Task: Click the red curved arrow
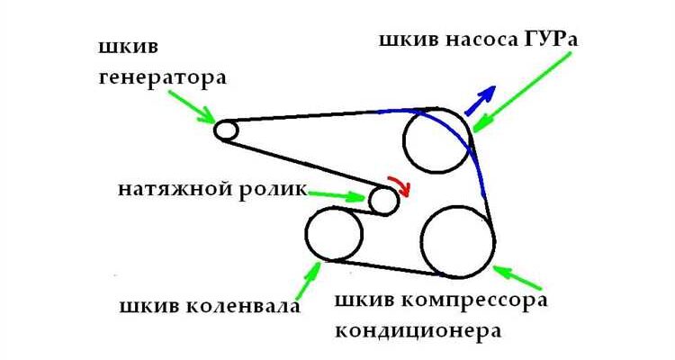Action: [399, 184]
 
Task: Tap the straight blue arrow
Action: [480, 100]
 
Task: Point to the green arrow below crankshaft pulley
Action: [306, 274]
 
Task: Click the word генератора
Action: [162, 78]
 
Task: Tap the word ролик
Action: [269, 191]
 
